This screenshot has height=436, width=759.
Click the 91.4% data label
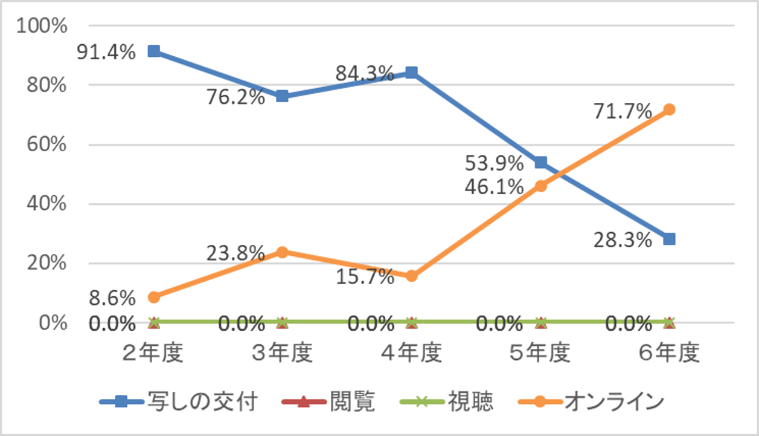pos(106,53)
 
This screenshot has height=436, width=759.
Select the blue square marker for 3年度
pos(282,97)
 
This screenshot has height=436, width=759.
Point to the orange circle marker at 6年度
pos(669,109)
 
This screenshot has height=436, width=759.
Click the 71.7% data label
pos(623,112)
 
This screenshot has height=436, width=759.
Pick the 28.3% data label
pos(623,240)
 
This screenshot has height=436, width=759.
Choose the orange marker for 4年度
pos(412,276)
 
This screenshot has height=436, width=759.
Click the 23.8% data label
pos(235,253)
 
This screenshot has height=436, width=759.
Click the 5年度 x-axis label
pos(540,353)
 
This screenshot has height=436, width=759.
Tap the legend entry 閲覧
pos(352,402)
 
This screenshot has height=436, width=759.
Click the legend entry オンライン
pos(613,402)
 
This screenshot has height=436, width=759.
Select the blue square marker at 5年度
pos(540,163)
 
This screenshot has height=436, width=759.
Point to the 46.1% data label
pos(494,187)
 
